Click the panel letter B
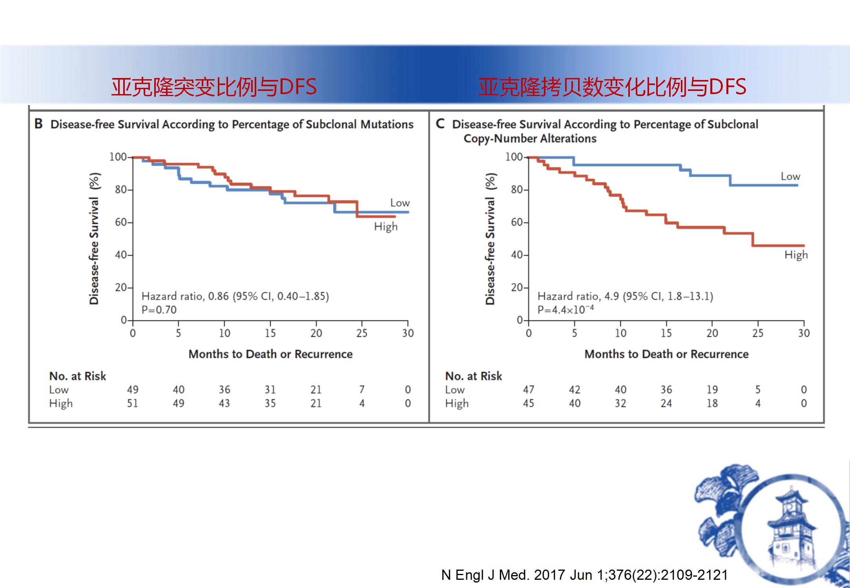[38, 124]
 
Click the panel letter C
[440, 124]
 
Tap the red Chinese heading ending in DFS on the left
[214, 87]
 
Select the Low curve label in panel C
[790, 176]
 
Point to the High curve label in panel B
[386, 227]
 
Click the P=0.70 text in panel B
[159, 310]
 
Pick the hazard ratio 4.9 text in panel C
[625, 296]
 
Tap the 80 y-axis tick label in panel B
[121, 190]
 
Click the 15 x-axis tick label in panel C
[666, 333]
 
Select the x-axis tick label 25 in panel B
[362, 333]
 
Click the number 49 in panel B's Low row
[133, 390]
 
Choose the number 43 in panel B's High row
[224, 403]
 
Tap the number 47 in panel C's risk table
[529, 390]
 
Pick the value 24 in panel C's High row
[666, 403]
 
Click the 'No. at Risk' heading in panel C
[473, 376]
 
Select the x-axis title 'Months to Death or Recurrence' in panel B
[270, 354]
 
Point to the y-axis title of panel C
[490, 239]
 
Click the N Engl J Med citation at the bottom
[584, 575]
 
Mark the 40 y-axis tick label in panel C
[517, 255]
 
